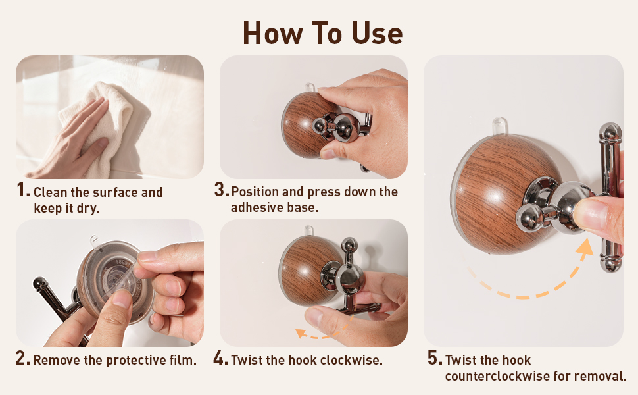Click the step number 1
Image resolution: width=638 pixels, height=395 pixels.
[23, 190]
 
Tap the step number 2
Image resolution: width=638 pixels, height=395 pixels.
[23, 358]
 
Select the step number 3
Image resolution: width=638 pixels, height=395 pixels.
[222, 190]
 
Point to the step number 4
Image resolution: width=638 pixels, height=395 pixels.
[220, 358]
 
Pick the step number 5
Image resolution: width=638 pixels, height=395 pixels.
[435, 358]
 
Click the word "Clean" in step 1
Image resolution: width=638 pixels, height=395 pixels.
[51, 192]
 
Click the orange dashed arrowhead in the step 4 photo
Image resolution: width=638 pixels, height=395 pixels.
[301, 333]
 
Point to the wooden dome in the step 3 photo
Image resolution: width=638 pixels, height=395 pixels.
[304, 124]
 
